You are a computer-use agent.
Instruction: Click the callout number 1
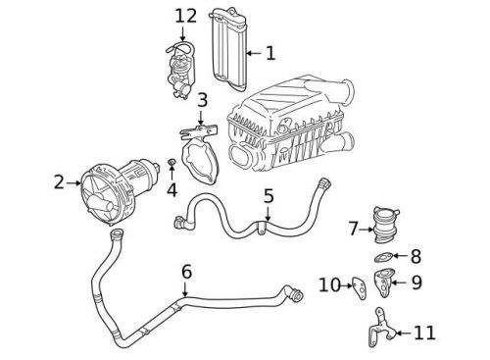(x=270, y=52)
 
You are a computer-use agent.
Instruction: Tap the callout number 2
(x=59, y=181)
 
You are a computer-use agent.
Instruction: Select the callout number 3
(x=201, y=100)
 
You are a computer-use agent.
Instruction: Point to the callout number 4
(x=171, y=189)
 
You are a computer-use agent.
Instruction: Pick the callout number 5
(x=269, y=196)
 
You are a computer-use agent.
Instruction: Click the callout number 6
(x=186, y=272)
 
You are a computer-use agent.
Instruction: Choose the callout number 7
(x=353, y=230)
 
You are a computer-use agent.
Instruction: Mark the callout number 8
(x=415, y=257)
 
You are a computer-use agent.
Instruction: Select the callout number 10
(x=329, y=285)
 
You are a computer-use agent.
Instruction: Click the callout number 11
(x=423, y=333)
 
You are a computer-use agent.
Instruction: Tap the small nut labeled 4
(x=172, y=160)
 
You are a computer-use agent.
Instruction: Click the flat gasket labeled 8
(x=386, y=258)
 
